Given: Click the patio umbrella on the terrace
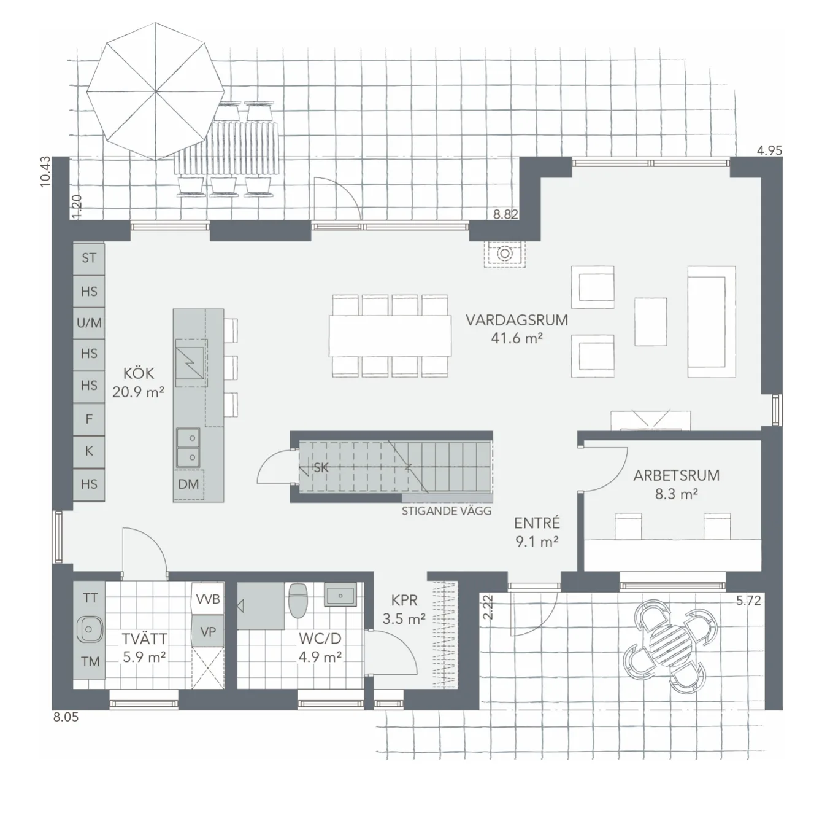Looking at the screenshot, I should click(155, 92).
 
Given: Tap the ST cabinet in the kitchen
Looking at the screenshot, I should click(89, 258).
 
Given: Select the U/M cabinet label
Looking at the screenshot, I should click(89, 322).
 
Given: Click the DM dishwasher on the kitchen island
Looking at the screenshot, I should click(188, 484).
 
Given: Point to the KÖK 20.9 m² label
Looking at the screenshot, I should click(138, 382).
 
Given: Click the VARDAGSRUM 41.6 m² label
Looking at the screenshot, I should click(517, 328).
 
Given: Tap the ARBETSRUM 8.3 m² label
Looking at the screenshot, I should click(676, 484).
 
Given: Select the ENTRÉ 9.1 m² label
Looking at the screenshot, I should click(537, 532).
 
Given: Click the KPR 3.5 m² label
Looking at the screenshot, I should click(404, 609).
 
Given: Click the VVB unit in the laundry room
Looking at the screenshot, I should click(208, 599).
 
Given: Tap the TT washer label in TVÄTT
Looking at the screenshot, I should click(90, 597).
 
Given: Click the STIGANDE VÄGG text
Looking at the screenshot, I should click(447, 511).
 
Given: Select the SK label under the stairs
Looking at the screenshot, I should click(321, 467).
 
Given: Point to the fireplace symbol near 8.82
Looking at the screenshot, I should click(504, 254).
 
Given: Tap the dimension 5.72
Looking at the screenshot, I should click(748, 601).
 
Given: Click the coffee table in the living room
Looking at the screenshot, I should click(650, 322).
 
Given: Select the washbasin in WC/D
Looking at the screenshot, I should click(339, 595).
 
